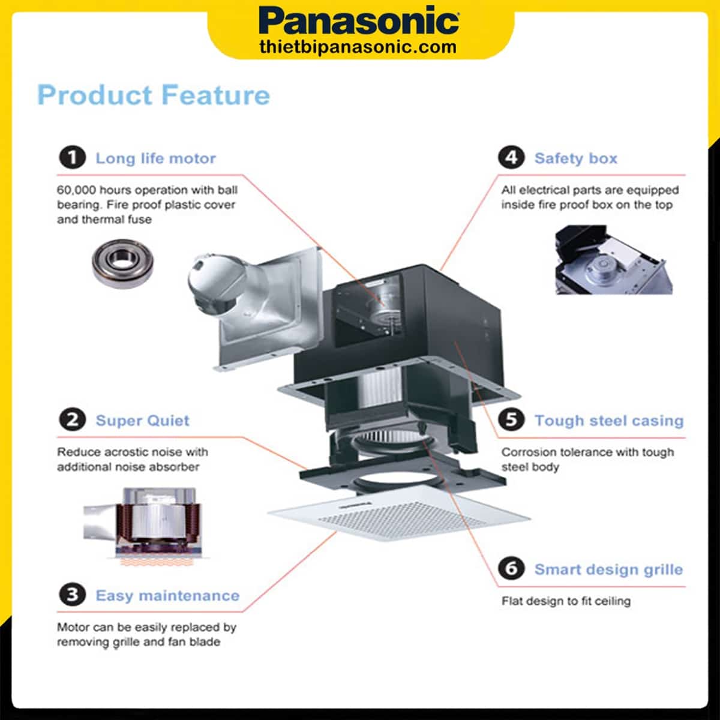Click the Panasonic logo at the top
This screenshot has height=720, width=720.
[359, 22]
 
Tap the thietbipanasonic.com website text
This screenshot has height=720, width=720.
[358, 47]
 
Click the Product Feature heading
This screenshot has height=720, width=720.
[154, 95]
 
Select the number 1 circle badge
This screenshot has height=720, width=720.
[72, 158]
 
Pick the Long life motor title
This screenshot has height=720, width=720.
[155, 158]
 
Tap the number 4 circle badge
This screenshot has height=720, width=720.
[511, 158]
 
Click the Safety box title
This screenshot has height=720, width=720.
[575, 158]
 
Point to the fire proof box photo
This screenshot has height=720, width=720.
[609, 259]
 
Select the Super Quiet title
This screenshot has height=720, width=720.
[142, 421]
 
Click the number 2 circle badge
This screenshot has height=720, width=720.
[72, 420]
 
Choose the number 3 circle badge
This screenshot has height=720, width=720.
[72, 595]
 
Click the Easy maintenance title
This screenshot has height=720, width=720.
[167, 596]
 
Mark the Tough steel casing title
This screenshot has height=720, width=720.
[608, 421]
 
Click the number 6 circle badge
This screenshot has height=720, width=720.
[511, 568]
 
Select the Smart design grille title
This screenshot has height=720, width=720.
[608, 569]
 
